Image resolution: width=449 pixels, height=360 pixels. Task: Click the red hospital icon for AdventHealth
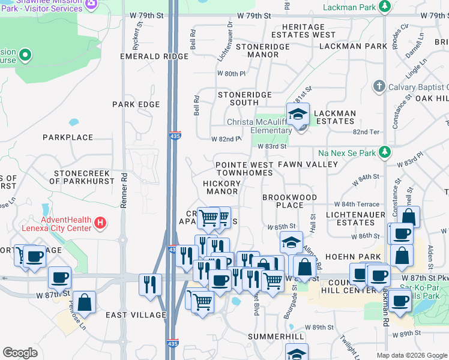click(x=100, y=224)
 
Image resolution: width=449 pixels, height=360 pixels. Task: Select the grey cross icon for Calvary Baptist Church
click(x=379, y=86)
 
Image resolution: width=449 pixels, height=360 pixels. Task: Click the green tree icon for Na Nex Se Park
click(x=384, y=153)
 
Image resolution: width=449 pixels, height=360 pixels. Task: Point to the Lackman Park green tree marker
click(x=384, y=7)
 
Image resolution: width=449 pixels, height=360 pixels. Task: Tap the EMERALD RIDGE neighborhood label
click(x=146, y=56)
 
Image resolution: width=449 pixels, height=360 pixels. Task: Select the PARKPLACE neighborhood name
click(x=68, y=137)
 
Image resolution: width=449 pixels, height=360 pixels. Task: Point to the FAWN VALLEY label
click(x=308, y=164)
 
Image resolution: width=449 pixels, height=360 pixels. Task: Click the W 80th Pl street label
click(x=232, y=74)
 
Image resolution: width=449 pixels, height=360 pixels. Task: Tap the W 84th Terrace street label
click(x=357, y=205)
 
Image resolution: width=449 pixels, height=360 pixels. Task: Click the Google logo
click(x=20, y=353)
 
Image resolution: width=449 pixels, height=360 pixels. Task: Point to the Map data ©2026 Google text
click(x=411, y=355)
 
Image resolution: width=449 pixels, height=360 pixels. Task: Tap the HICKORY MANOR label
click(x=221, y=187)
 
